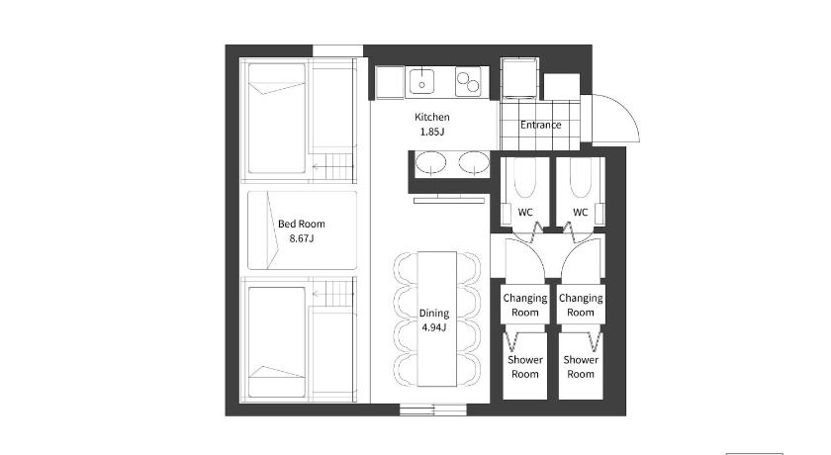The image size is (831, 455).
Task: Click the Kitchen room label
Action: pyautogui.click(x=432, y=117)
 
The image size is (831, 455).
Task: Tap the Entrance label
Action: pyautogui.click(x=540, y=125)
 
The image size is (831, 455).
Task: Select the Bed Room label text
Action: pyautogui.click(x=302, y=225)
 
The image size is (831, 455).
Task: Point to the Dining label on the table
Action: pyautogui.click(x=434, y=313)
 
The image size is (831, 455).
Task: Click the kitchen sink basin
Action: pyautogui.click(x=421, y=81)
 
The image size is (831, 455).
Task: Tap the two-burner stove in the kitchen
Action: pyautogui.click(x=468, y=81)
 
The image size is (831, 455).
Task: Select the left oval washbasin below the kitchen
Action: pyautogui.click(x=430, y=162)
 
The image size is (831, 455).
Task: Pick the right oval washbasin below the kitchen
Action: pyautogui.click(x=473, y=162)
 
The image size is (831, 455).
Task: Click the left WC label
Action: pyautogui.click(x=525, y=213)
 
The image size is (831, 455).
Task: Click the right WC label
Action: pyautogui.click(x=581, y=213)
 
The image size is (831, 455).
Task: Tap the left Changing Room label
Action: pyautogui.click(x=525, y=305)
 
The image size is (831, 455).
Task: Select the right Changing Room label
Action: pyautogui.click(x=581, y=305)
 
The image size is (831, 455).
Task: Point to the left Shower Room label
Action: pyautogui.click(x=525, y=367)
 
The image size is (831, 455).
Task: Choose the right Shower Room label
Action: pyautogui.click(x=581, y=367)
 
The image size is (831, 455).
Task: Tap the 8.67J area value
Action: pyautogui.click(x=302, y=238)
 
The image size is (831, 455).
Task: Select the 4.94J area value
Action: pyautogui.click(x=434, y=327)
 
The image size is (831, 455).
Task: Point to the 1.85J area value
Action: pyautogui.click(x=432, y=132)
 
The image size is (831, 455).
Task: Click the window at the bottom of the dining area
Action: pyautogui.click(x=433, y=409)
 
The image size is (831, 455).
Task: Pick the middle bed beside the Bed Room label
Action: pyautogui.click(x=302, y=230)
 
